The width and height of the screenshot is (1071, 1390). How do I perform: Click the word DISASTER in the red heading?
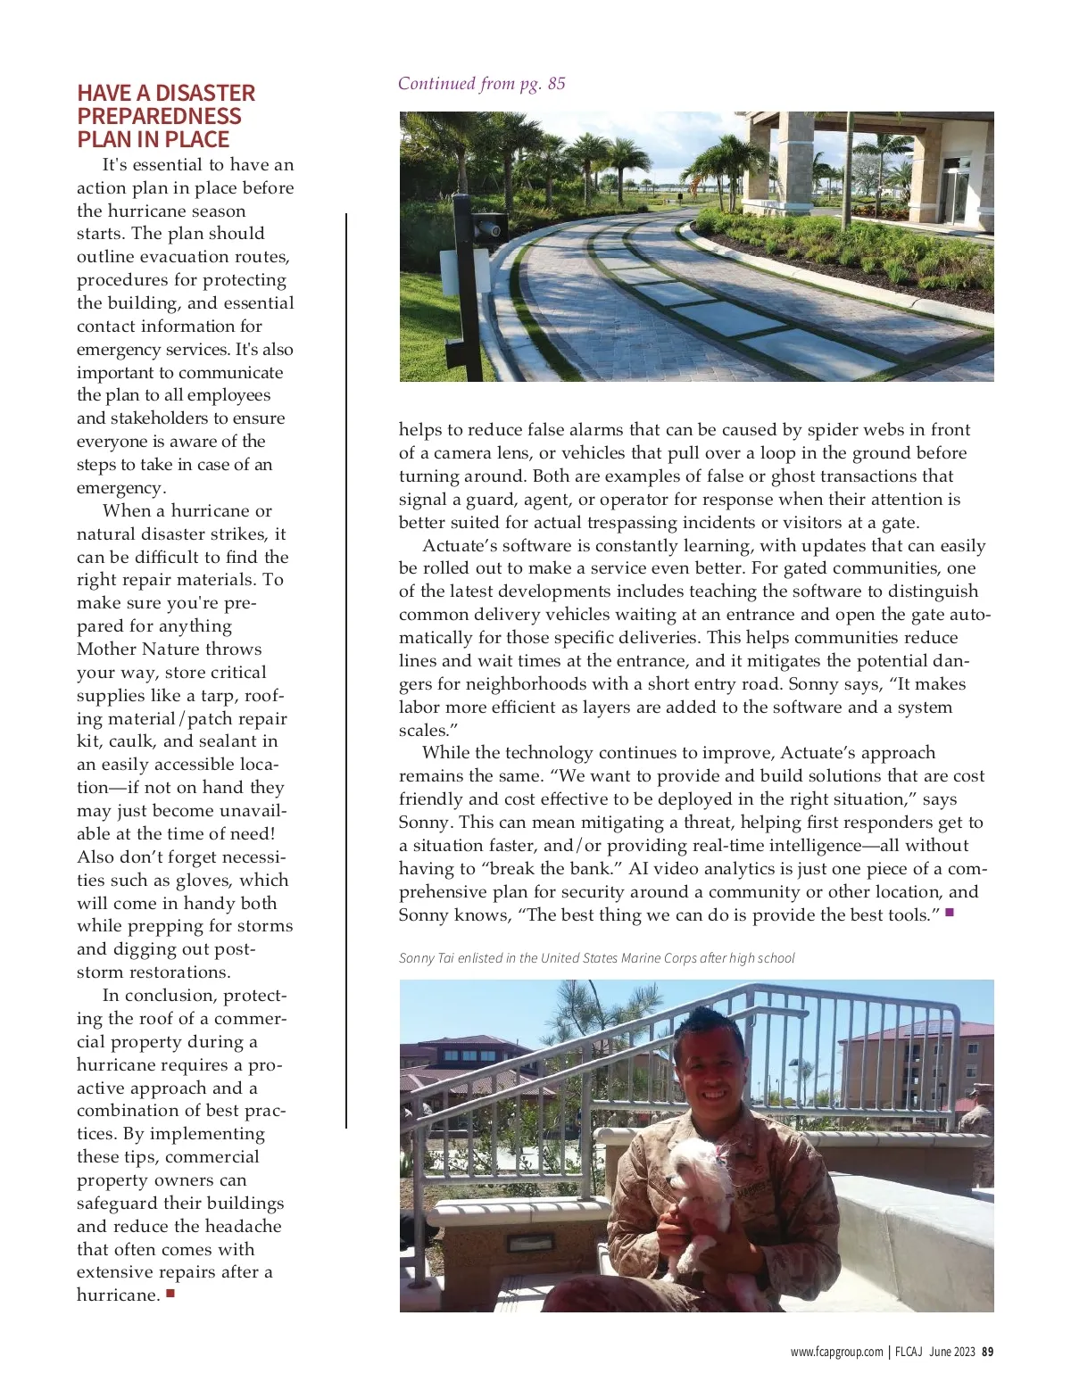(x=205, y=94)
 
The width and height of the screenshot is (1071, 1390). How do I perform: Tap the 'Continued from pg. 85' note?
(x=481, y=84)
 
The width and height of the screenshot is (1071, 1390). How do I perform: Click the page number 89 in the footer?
(x=988, y=1352)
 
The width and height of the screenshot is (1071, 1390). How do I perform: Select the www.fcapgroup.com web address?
(x=836, y=1352)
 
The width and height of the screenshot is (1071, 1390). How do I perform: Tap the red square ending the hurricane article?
(x=170, y=1293)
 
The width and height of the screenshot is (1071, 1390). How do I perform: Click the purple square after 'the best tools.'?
(x=950, y=913)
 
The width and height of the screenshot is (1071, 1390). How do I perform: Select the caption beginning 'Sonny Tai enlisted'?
(x=596, y=958)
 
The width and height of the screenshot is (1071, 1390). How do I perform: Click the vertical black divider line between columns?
(x=346, y=669)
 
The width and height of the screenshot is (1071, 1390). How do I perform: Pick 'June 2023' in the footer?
(x=951, y=1352)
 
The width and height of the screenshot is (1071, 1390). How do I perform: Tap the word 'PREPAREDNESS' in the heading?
(x=159, y=117)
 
